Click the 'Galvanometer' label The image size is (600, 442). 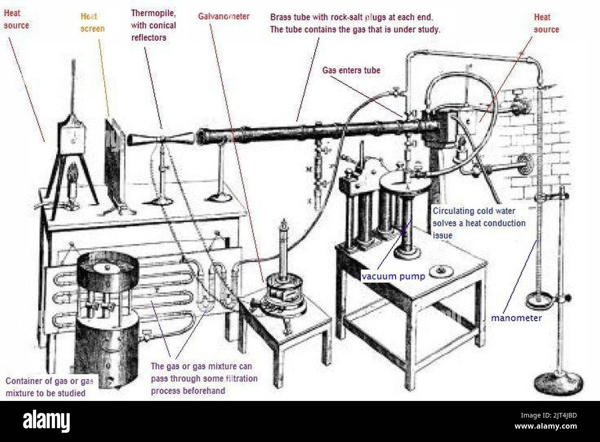pos(224,17)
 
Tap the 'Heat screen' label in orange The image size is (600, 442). pos(92,23)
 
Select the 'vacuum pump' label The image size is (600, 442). pos(393,276)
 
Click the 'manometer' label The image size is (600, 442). pos(516,318)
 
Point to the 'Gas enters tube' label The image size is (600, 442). pos(351,71)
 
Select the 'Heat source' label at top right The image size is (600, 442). pos(546,23)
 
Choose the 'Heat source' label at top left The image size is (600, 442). pos(16,19)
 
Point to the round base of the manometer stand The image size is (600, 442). pos(558,382)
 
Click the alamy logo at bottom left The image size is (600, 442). pos(47,421)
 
